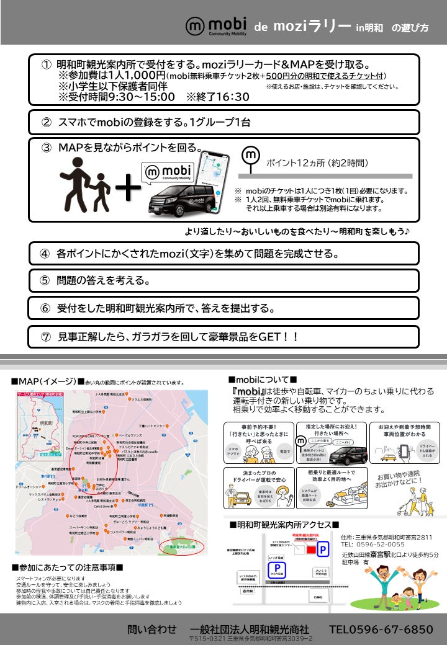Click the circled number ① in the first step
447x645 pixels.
pyautogui.click(x=47, y=64)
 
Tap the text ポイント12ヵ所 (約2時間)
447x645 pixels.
pyautogui.click(x=317, y=163)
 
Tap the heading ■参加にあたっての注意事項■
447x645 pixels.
pyautogui.click(x=67, y=567)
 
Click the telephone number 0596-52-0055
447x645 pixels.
pyautogui.click(x=378, y=544)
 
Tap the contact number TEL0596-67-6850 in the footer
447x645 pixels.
pyautogui.click(x=381, y=629)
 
